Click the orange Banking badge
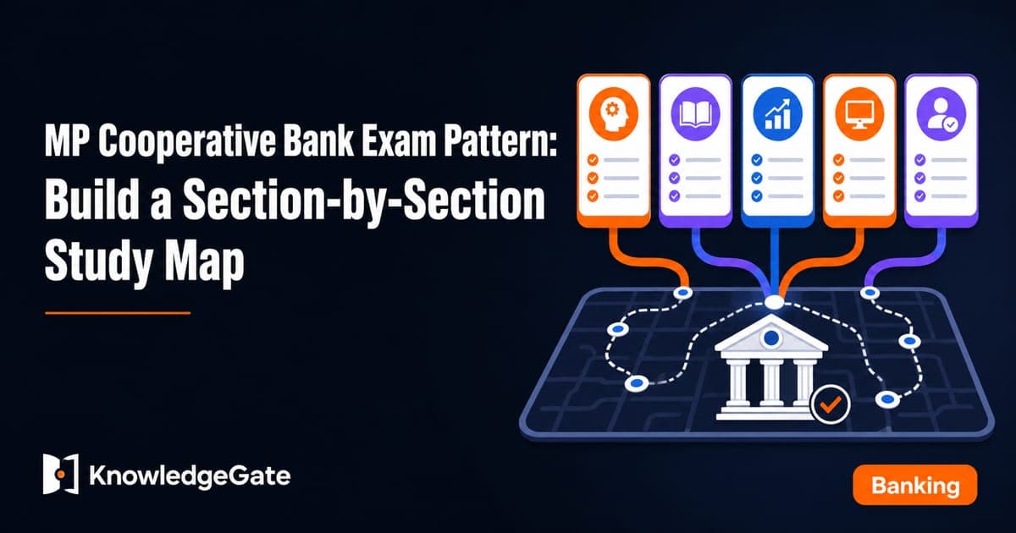click(915, 485)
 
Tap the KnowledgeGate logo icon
click(61, 474)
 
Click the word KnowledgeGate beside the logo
click(190, 475)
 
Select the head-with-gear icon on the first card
click(613, 113)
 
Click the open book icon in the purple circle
click(695, 113)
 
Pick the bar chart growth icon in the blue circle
click(777, 113)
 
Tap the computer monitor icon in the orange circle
click(859, 113)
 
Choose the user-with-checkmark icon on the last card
click(941, 113)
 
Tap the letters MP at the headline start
click(67, 142)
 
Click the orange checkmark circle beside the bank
click(830, 404)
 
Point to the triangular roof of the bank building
click(771, 335)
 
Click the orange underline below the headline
click(118, 313)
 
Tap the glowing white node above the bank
click(774, 302)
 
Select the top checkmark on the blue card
click(757, 160)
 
